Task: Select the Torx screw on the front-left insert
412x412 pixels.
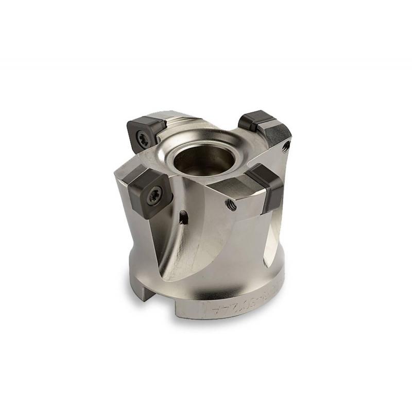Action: tap(153, 195)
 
